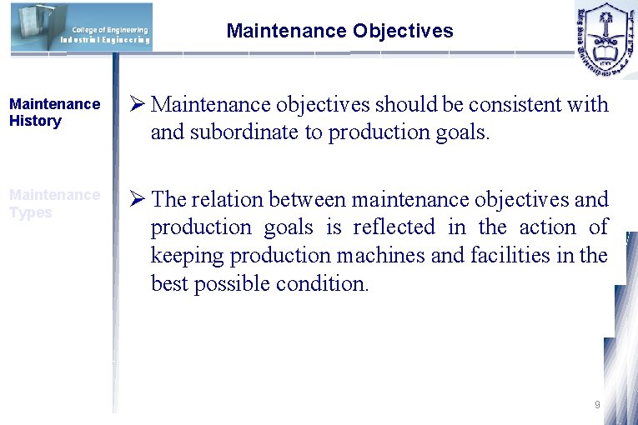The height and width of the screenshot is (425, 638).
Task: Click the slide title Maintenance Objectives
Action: [x=339, y=32]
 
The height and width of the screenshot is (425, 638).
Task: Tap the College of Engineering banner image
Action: [x=82, y=27]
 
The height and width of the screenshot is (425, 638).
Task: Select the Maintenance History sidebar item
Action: [x=53, y=112]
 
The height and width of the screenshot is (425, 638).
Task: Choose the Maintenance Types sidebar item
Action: [x=53, y=203]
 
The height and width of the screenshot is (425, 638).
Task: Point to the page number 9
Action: [x=597, y=405]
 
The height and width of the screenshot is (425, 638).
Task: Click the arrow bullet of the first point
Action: [x=138, y=105]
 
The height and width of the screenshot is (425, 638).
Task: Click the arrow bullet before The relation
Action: [x=138, y=200]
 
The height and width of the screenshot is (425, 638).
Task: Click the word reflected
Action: [x=394, y=227]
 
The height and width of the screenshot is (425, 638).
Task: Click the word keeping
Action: [x=183, y=256]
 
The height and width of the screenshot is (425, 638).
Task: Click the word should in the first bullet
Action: [x=405, y=105]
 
